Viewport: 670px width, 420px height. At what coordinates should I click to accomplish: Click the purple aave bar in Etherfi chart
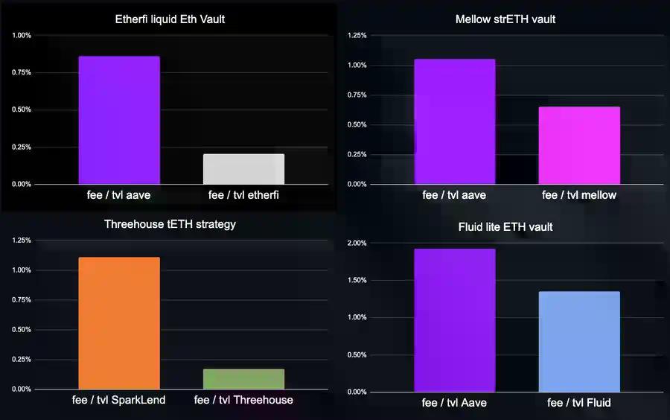coord(118,120)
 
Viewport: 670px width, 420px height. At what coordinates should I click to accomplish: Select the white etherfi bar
coord(243,169)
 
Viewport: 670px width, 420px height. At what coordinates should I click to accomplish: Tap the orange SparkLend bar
coord(118,323)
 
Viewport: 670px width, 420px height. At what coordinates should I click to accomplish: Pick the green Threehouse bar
coord(243,379)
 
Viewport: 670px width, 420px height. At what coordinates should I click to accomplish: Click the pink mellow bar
coord(579,145)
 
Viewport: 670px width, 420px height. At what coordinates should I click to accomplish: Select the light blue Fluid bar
coord(579,342)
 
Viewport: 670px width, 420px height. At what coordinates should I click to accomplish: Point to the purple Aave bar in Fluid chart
coord(454,320)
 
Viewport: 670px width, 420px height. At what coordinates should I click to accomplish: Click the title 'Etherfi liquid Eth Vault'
coord(170,19)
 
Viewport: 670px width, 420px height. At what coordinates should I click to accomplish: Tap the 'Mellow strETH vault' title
coord(505,19)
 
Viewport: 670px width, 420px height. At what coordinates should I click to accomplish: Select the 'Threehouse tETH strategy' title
coord(170,223)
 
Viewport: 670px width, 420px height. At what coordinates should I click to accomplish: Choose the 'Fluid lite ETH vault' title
coord(505,226)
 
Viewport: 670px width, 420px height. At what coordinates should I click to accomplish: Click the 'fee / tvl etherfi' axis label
coord(243,195)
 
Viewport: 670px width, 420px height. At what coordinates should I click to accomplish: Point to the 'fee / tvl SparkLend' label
coord(118,400)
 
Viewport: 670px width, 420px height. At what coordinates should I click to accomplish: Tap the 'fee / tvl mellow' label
coord(579,195)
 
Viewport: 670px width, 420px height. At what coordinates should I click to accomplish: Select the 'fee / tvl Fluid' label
coord(579,403)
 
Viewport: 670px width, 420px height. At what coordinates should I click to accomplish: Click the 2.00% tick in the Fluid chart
coord(357,244)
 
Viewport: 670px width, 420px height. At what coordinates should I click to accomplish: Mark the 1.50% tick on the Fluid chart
coord(357,281)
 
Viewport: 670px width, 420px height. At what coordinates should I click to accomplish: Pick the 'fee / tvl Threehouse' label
coord(243,400)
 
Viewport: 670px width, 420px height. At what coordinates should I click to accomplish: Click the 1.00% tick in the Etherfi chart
coord(22,35)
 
